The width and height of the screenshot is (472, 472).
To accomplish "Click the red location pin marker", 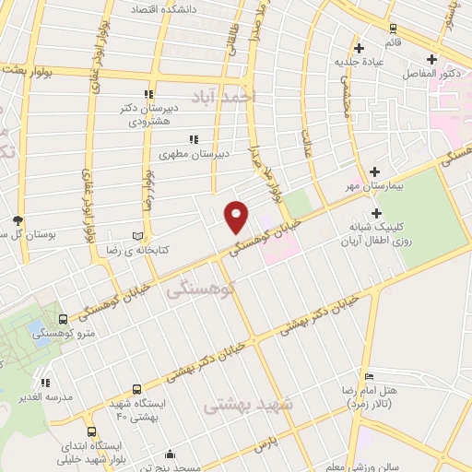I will coord(237,216).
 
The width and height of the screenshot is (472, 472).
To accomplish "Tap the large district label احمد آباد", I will coord(221,97).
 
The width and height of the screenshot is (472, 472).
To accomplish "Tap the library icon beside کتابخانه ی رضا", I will coord(139,236).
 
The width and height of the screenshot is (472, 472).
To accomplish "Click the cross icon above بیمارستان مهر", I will coord(375,171).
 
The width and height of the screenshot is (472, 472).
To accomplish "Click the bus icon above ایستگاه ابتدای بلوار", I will coord(90,431).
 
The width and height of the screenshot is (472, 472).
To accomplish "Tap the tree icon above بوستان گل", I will coord(18,219).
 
